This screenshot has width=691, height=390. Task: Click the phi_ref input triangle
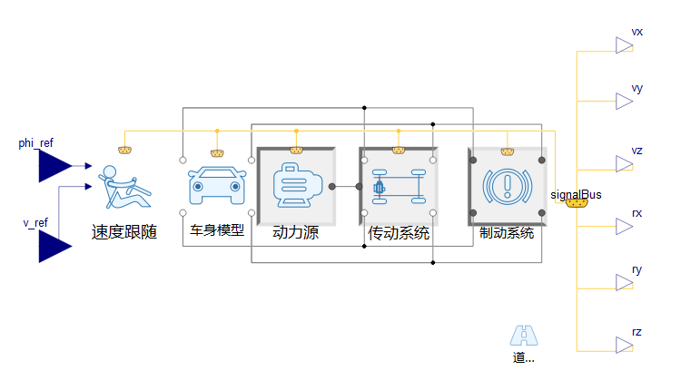tap(54, 166)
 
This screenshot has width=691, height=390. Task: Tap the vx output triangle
tap(624, 45)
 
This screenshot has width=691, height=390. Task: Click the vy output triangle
tap(624, 102)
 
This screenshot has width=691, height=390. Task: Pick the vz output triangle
tap(624, 164)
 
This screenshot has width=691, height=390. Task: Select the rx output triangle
tap(624, 227)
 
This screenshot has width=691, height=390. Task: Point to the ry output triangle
tap(624, 283)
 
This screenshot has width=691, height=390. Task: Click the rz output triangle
tap(624, 346)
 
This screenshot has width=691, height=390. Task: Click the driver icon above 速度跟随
tap(123, 187)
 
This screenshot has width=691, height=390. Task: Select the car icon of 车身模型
tap(217, 187)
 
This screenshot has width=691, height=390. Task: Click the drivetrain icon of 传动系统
tap(398, 187)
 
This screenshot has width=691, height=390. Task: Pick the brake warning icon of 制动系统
tap(507, 187)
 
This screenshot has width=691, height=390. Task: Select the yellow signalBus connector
tap(577, 204)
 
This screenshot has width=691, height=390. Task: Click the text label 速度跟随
tap(124, 231)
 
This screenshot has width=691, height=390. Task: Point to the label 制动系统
tap(507, 232)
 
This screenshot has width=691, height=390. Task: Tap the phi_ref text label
tap(36, 143)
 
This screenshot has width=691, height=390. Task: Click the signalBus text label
tap(576, 193)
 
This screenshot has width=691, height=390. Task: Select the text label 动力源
tap(296, 232)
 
